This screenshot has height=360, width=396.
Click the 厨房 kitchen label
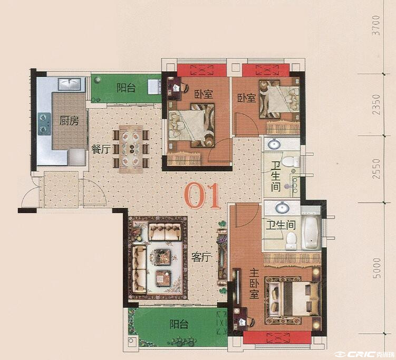[69, 121]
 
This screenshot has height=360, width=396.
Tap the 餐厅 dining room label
[101, 149]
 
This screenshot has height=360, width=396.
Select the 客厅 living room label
[201, 258]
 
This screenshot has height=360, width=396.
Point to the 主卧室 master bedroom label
[254, 283]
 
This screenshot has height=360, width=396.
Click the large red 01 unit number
[202, 196]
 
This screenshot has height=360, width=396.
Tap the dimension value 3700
[376, 25]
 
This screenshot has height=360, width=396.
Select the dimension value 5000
[376, 268]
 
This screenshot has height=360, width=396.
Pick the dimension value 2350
[376, 105]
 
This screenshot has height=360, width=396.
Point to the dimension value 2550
[376, 169]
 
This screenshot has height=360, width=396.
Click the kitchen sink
[70, 84]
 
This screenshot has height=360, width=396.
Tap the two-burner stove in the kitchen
[44, 124]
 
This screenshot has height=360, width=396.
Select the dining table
[131, 149]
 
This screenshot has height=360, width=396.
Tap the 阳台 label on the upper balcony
[126, 88]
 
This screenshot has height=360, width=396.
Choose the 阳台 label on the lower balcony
[179, 324]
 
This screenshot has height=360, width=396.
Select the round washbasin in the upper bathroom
[274, 144]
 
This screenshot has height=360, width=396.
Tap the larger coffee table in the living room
[162, 257]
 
